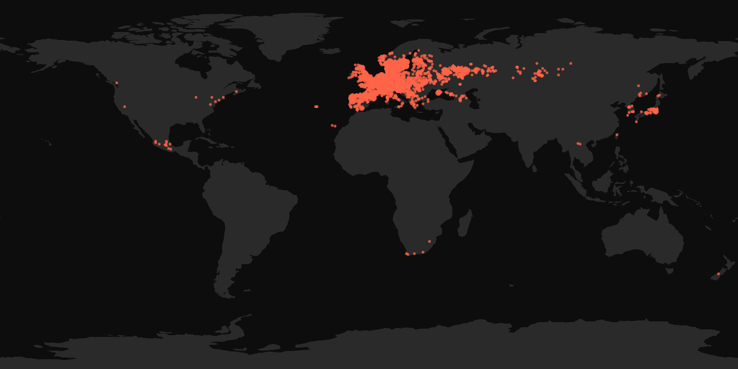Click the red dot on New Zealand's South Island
tap(718, 274)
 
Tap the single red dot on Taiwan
tap(617, 135)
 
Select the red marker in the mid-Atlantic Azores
tap(316, 107)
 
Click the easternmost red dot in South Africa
tap(429, 241)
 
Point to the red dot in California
tap(125, 107)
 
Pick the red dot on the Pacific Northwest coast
tap(117, 83)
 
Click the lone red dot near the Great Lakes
tap(196, 97)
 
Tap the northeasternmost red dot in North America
tap(236, 92)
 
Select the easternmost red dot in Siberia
tap(571, 63)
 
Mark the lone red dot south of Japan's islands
tap(636, 122)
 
